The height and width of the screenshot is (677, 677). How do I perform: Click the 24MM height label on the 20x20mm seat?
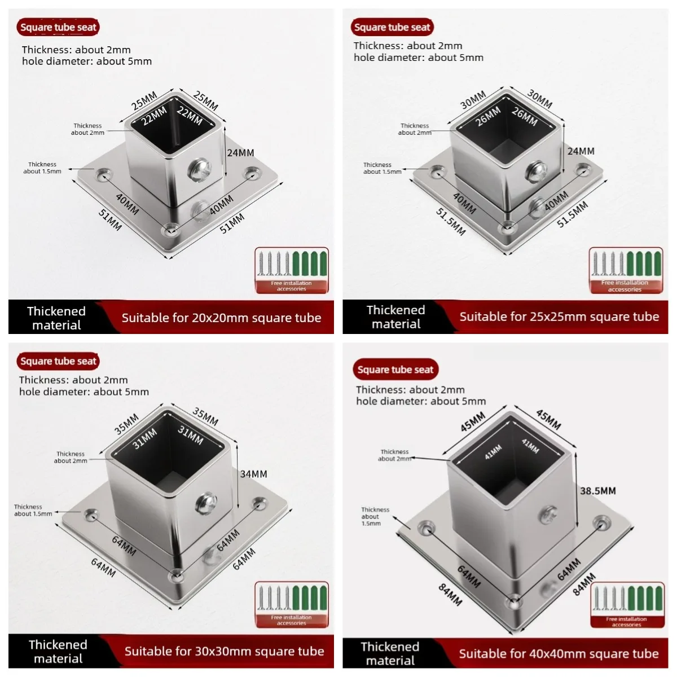[x=240, y=153]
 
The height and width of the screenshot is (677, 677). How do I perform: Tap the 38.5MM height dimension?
[x=597, y=491]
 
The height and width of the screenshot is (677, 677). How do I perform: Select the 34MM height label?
[x=254, y=474]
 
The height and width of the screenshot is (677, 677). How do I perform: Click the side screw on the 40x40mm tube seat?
[x=548, y=515]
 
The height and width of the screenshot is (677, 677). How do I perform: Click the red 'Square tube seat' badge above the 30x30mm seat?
[x=58, y=361]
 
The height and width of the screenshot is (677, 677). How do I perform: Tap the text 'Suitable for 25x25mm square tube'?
[x=559, y=316]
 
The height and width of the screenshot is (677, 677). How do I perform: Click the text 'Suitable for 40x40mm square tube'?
[x=559, y=653]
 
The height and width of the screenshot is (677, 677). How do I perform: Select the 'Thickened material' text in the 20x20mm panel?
[x=56, y=318]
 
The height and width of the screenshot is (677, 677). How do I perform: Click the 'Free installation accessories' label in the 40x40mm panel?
[x=626, y=622]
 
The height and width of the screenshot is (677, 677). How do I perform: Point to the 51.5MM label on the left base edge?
[x=451, y=222]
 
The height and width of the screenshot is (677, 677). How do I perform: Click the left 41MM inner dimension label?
[x=493, y=452]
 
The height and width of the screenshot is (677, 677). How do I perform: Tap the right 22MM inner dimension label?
[x=190, y=116]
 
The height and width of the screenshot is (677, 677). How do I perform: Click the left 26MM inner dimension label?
[x=488, y=116]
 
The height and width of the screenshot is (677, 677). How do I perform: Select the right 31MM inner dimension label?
[x=191, y=435]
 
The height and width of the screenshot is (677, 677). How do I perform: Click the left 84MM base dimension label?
[x=450, y=595]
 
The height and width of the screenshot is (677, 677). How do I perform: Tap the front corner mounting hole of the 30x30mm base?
[x=175, y=576]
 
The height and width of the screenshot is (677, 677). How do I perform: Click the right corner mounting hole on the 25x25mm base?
[x=583, y=170]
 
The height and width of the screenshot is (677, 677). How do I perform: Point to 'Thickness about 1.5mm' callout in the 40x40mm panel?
[x=375, y=516]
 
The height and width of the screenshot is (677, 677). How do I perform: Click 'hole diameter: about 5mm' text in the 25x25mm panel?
[x=419, y=58]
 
